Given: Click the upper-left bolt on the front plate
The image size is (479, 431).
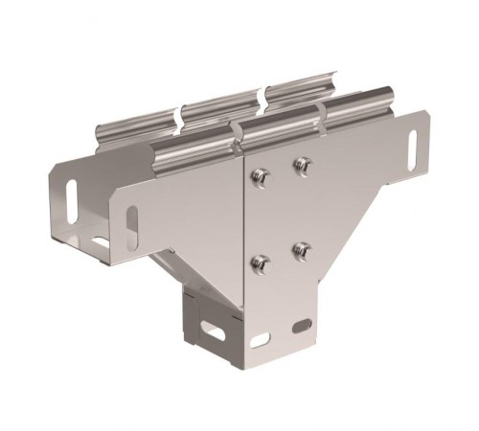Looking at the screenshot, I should tap(258, 175).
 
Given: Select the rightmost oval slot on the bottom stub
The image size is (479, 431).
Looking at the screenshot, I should tap(302, 326).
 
